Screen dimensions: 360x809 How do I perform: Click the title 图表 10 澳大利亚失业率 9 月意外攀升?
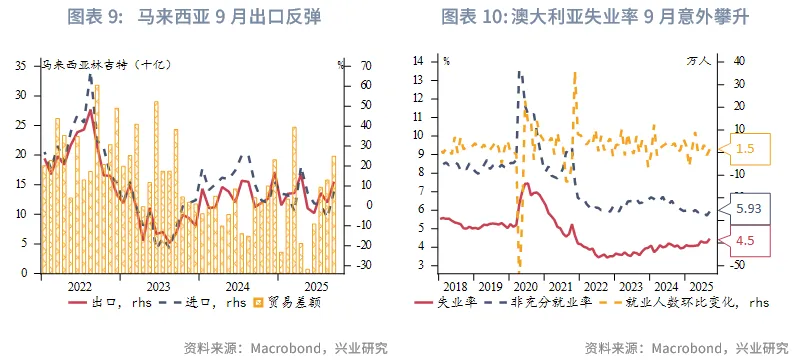(x=594, y=17)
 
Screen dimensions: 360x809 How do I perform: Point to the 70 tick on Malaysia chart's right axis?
(x=366, y=66)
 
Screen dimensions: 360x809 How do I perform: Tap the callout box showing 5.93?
(x=746, y=209)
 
